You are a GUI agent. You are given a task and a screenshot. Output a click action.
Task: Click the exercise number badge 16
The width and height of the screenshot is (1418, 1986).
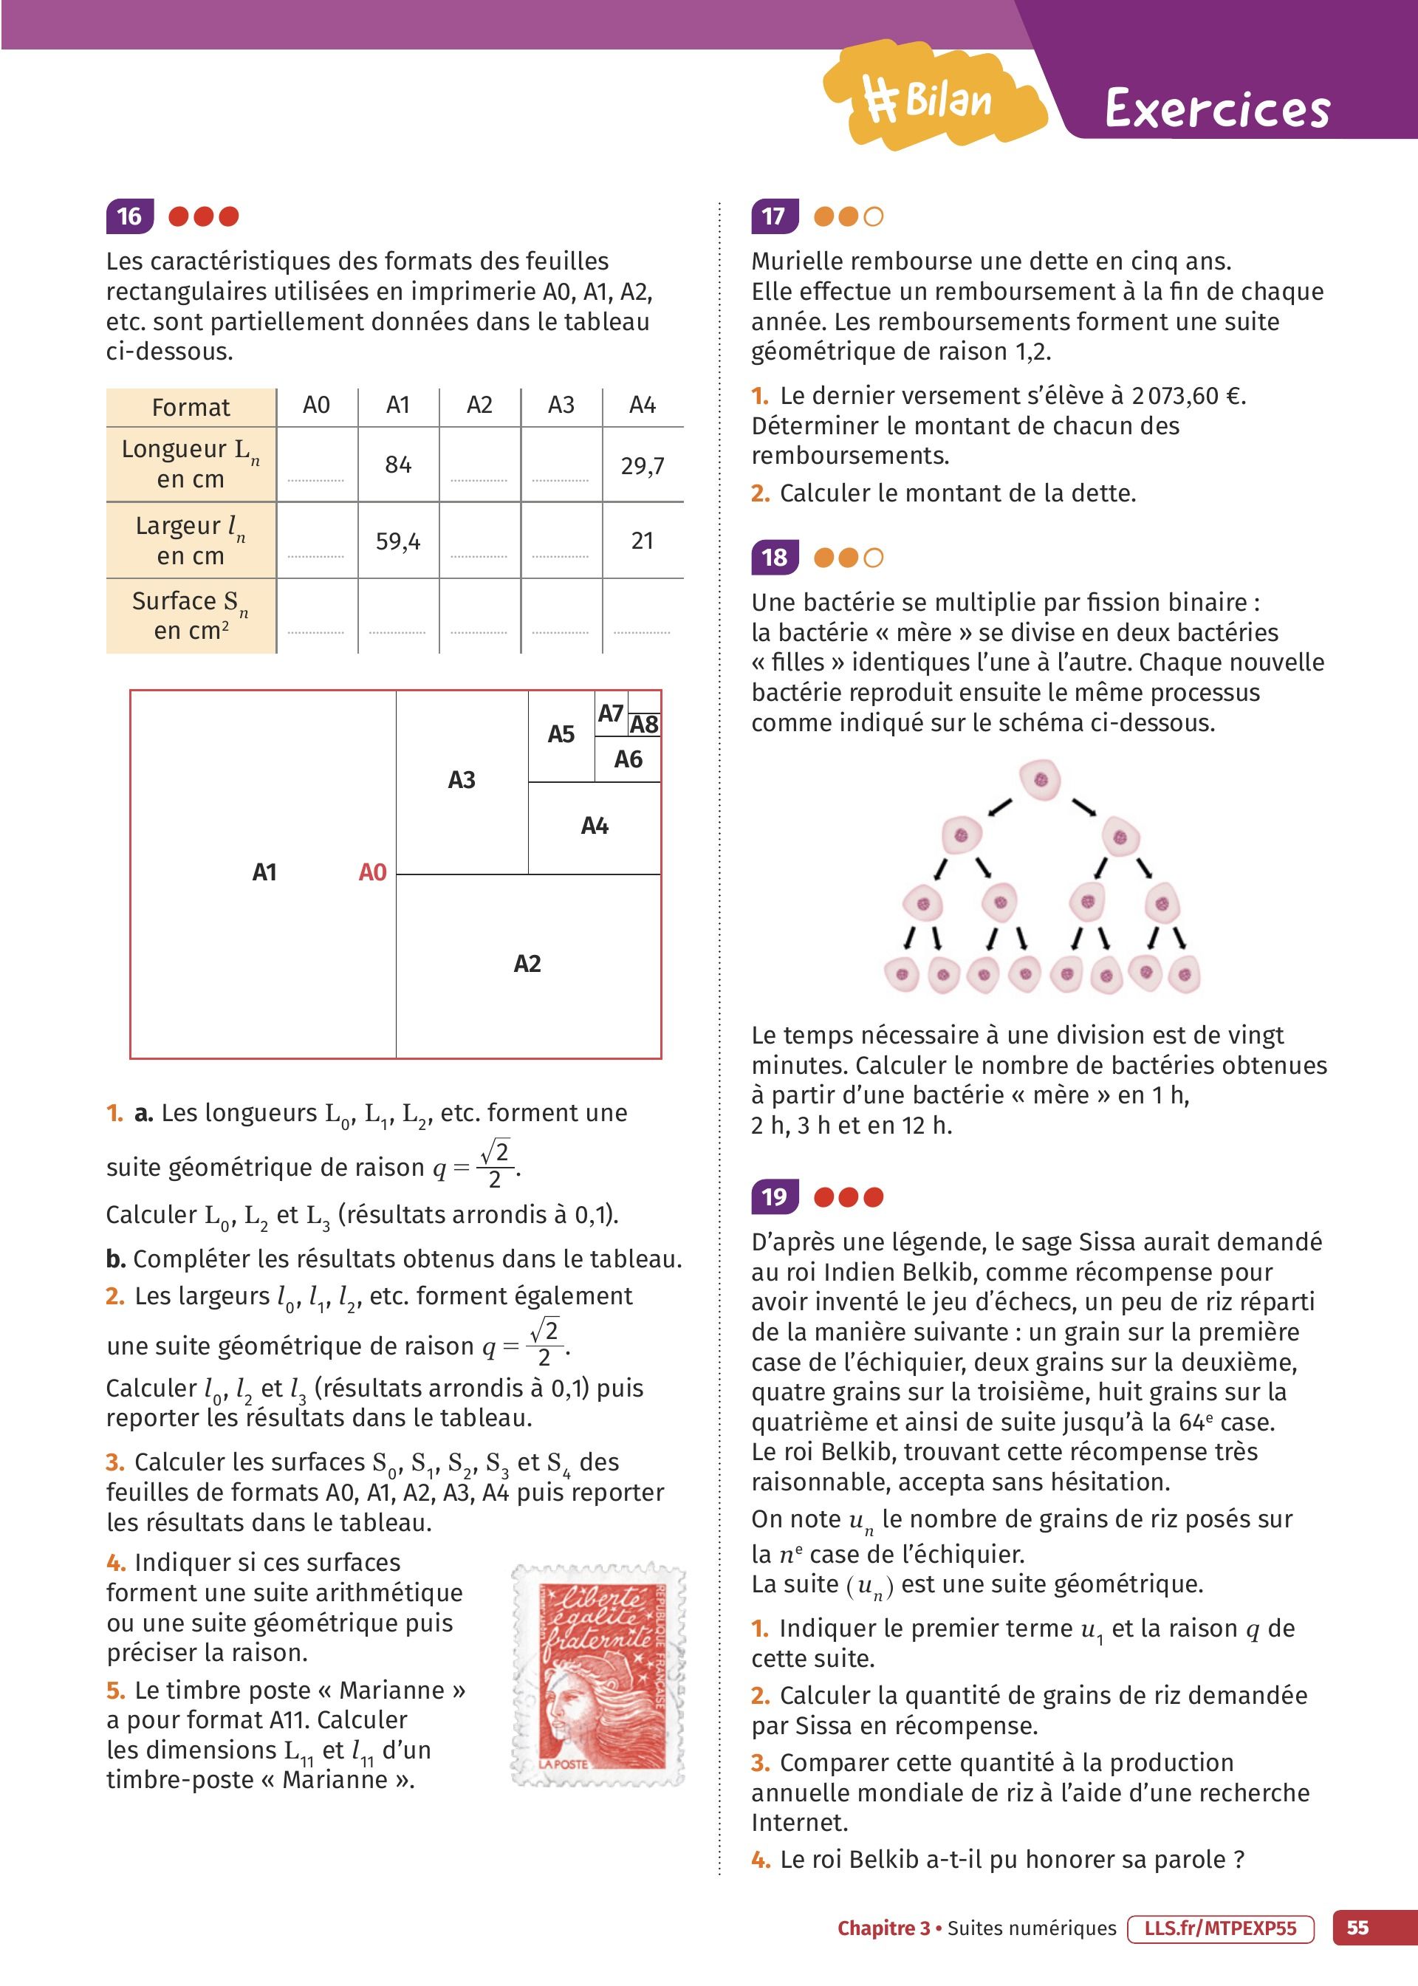129,216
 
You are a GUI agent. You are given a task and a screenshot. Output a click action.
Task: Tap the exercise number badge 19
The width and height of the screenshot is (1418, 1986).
773,1196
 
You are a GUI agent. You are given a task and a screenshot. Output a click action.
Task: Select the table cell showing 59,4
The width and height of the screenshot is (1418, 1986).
398,541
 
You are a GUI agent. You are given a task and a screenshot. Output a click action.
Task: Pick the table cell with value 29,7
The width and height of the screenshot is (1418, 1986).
643,465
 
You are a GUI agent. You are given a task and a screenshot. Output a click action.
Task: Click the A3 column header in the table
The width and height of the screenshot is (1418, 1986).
561,405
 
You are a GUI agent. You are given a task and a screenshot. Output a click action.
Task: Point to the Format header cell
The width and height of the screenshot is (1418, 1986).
191,408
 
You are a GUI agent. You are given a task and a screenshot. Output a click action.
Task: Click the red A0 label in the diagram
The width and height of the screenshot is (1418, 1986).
373,872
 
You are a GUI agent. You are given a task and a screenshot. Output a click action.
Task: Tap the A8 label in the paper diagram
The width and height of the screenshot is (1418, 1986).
645,725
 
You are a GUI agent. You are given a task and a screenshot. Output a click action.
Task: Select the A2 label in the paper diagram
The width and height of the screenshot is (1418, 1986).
527,964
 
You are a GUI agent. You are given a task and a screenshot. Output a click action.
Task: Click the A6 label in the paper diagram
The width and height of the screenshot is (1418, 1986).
628,759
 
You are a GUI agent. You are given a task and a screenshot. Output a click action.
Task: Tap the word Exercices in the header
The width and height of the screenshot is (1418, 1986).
1217,109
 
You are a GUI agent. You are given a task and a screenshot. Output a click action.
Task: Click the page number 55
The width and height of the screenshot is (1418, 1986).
1357,1928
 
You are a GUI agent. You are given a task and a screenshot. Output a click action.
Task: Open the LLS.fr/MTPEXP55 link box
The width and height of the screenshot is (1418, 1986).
1221,1928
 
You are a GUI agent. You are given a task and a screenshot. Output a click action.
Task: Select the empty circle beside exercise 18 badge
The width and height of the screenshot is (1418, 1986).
873,558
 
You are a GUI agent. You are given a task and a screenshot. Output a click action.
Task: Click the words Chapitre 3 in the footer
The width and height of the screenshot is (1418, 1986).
883,1928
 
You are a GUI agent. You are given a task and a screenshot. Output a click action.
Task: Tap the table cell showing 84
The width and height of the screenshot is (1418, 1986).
398,465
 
